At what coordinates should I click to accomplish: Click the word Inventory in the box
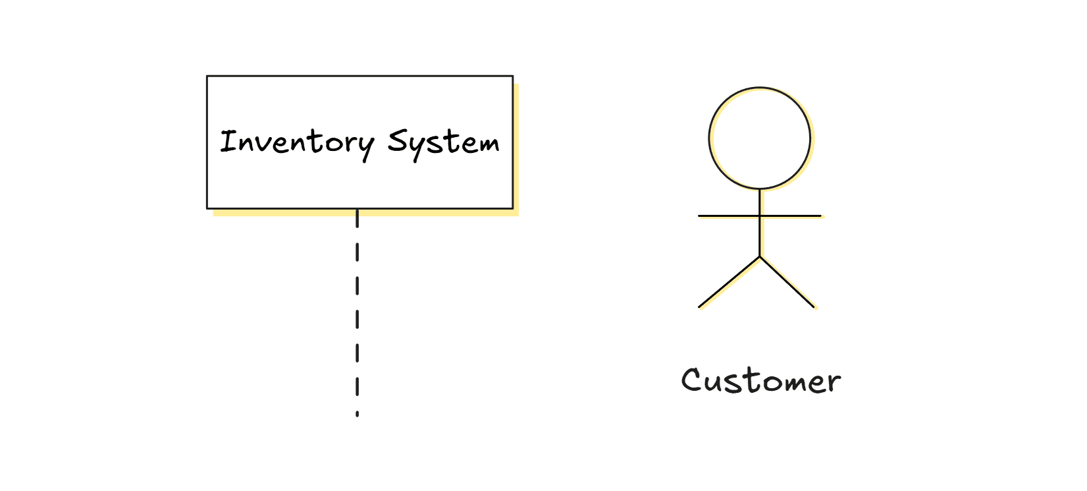coord(297,142)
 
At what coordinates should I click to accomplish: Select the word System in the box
coord(444,142)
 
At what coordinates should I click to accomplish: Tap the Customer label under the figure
coord(761,381)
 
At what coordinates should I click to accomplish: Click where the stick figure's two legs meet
coord(760,256)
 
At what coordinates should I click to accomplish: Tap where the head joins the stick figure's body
coord(760,190)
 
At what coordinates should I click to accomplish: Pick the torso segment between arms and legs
coord(760,236)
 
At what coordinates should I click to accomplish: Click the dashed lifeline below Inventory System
coord(357,310)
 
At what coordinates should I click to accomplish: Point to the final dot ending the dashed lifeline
coord(357,415)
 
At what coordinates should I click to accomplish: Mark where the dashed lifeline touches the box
coord(357,210)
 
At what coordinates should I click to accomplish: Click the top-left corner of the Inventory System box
coord(207,76)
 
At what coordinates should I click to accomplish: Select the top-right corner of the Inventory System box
coord(512,76)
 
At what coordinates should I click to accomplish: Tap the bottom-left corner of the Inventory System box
coord(207,208)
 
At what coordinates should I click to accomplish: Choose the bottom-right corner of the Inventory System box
coord(512,208)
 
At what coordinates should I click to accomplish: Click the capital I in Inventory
coord(228,141)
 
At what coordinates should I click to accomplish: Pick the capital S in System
coord(398,141)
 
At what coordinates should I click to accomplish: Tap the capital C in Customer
coord(691,380)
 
